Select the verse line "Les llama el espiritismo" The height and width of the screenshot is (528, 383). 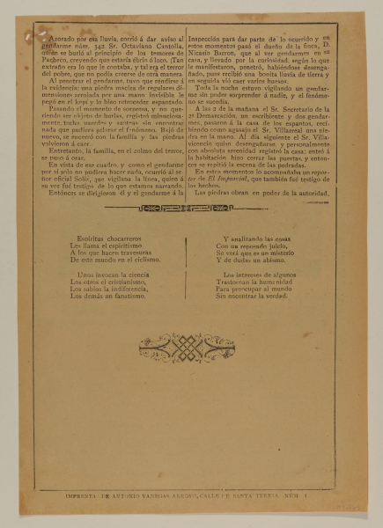(x=93, y=246)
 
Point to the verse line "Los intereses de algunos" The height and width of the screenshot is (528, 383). (x=264, y=275)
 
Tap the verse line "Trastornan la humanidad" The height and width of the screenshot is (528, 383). (x=263, y=282)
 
